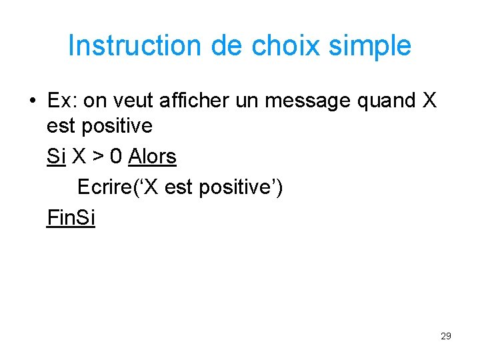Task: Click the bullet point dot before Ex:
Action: click(32, 101)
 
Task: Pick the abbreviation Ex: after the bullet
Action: click(63, 101)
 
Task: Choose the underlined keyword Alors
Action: click(152, 157)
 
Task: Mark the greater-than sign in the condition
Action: click(97, 157)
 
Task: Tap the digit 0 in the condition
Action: click(116, 157)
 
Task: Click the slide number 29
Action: click(446, 336)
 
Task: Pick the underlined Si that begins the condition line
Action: click(56, 157)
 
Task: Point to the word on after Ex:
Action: click(95, 101)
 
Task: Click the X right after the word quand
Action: click(430, 101)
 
